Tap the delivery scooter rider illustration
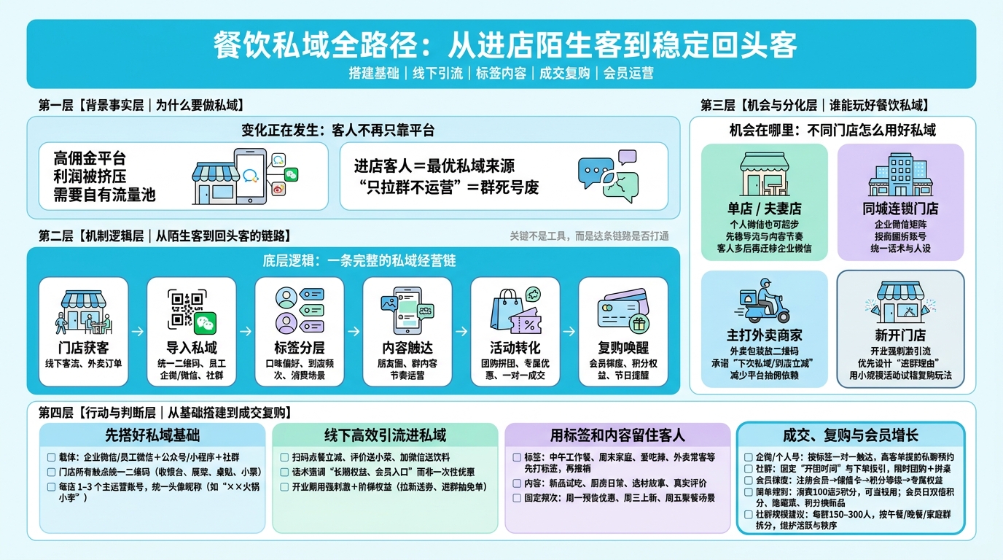pos(764,301)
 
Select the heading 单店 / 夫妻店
pos(764,209)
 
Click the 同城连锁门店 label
pos(900,209)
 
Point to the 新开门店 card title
pos(900,335)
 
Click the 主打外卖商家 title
pos(764,335)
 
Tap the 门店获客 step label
pos(83,347)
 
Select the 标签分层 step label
pos(300,347)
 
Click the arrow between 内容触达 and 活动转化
pos(461,331)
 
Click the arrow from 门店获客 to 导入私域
pos(137,331)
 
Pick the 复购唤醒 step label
pos(623,347)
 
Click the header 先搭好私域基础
pos(152,435)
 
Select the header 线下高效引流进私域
pos(385,435)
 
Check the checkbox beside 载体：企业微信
pos(51,458)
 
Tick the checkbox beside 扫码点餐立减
pos(284,458)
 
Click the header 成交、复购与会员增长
pos(850,435)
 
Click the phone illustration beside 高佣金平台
pos(250,176)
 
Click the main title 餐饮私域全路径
pos(504,45)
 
